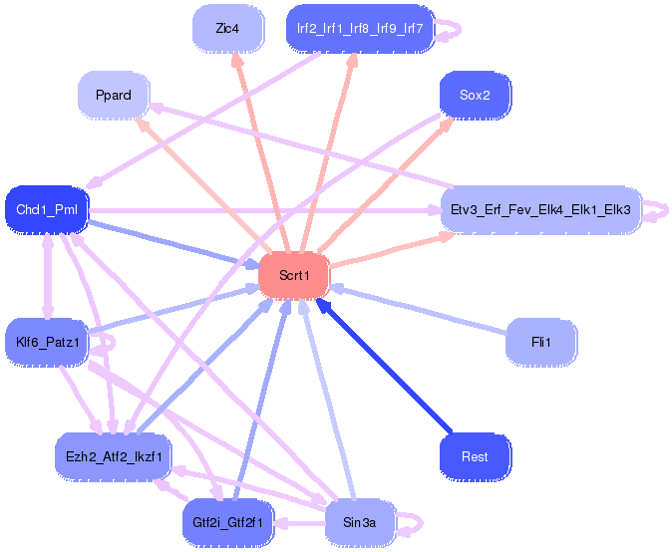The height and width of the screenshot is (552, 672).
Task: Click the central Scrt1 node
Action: tap(294, 275)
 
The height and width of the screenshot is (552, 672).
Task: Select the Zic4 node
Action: tap(227, 29)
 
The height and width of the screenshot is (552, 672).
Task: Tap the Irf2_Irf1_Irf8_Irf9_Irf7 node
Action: tap(360, 29)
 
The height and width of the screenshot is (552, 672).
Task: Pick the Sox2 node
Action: tap(475, 96)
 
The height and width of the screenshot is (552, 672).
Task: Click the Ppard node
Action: tap(114, 95)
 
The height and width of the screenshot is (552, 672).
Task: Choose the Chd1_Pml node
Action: tap(47, 209)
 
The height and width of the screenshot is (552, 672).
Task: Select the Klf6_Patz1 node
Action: tap(47, 343)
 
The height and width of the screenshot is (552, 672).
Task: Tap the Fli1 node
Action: tap(540, 342)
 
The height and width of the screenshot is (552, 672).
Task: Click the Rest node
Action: tap(475, 456)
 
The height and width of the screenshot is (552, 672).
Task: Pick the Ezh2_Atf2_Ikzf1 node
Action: tap(114, 456)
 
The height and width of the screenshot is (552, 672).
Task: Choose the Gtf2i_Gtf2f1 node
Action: tap(227, 522)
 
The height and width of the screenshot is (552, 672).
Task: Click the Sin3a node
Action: tap(360, 522)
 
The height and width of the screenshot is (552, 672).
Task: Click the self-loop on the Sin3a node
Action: tap(416, 520)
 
